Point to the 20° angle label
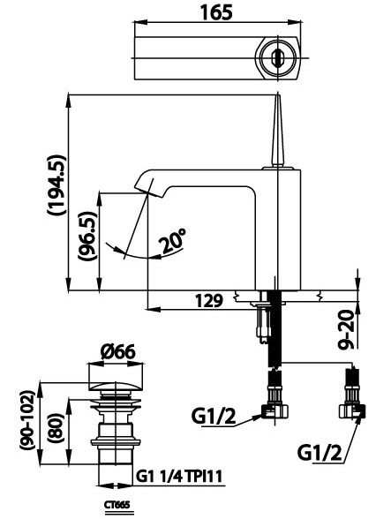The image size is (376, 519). coord(172,241)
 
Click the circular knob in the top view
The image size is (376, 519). coord(276,55)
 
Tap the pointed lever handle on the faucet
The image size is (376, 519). coord(276,128)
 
